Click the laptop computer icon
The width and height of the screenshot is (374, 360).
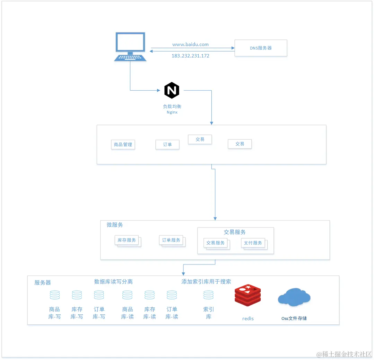click(x=130, y=47)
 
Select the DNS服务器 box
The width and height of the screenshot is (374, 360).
click(x=261, y=48)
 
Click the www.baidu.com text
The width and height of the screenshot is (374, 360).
click(x=190, y=44)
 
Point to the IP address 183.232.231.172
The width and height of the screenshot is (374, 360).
click(x=190, y=56)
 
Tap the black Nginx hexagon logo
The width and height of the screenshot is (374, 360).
click(x=172, y=90)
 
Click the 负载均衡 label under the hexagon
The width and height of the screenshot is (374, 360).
click(x=172, y=106)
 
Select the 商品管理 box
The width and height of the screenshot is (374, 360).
click(x=123, y=144)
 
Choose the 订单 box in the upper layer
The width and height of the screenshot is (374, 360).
click(x=167, y=144)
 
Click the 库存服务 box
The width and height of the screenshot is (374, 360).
click(x=127, y=240)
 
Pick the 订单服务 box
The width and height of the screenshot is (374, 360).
click(x=171, y=240)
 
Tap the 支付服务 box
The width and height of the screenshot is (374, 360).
click(x=253, y=243)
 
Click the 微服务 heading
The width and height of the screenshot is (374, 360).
click(x=115, y=225)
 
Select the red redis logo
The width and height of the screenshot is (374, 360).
click(x=247, y=295)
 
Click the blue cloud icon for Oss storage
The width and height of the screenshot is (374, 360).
click(x=294, y=297)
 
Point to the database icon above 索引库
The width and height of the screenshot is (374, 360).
click(x=208, y=295)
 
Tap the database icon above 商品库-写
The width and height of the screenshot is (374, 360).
click(x=54, y=295)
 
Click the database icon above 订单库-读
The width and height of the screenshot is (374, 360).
click(x=172, y=295)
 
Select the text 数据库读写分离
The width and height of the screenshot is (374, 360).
click(x=113, y=281)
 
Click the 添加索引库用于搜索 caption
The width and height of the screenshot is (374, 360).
click(x=206, y=281)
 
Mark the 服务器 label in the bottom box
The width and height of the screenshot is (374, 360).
click(x=43, y=282)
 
